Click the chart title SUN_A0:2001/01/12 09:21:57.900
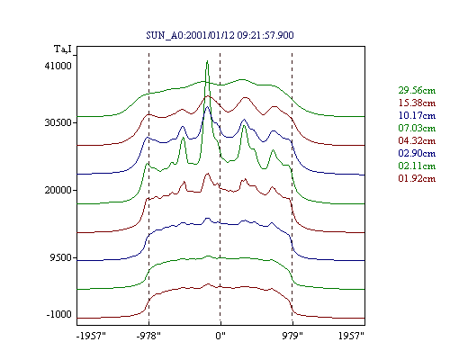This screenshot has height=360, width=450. (x=220, y=35)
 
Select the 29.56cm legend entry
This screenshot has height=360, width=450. (x=417, y=90)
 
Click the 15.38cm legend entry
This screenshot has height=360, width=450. (x=417, y=103)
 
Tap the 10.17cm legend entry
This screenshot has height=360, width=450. (x=417, y=115)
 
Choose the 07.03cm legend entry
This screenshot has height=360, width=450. (x=417, y=128)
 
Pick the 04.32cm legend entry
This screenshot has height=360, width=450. (x=417, y=140)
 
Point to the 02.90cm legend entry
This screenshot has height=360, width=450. (x=417, y=153)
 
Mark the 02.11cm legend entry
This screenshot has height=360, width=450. (x=417, y=166)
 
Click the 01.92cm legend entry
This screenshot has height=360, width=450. (x=417, y=178)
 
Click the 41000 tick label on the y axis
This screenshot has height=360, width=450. (x=58, y=66)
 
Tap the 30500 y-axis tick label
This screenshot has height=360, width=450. (x=58, y=122)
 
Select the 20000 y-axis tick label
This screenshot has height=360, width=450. (x=58, y=190)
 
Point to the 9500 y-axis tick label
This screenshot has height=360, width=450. (x=61, y=257)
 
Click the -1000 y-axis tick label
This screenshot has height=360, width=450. (x=59, y=314)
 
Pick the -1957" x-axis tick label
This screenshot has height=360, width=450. (x=91, y=336)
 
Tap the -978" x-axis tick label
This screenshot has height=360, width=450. (x=148, y=336)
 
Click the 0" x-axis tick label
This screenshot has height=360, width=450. (x=220, y=336)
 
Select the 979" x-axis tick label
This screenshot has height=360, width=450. (x=292, y=336)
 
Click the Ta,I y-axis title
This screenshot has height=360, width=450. (x=63, y=49)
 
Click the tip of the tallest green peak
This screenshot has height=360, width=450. (x=207, y=61)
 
